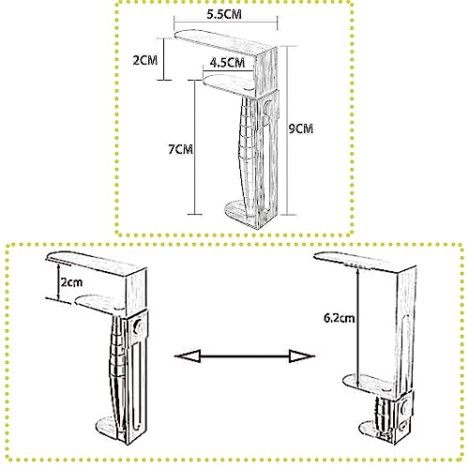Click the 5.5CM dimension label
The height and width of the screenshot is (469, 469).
(224, 14)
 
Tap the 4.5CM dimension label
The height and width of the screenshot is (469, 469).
(227, 63)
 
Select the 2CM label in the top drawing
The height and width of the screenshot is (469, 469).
(145, 60)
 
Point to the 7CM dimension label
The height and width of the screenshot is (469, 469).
(180, 149)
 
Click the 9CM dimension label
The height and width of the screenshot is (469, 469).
(300, 129)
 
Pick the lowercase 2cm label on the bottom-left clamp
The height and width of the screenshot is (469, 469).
(71, 282)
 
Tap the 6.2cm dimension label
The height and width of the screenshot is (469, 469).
(340, 318)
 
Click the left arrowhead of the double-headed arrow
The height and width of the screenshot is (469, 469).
(188, 356)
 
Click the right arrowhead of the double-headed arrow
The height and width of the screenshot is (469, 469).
(301, 356)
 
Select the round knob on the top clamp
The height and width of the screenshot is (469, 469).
(268, 107)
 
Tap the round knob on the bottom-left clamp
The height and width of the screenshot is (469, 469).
(137, 327)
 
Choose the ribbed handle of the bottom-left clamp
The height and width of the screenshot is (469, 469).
(117, 369)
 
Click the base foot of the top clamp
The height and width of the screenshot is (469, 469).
(242, 213)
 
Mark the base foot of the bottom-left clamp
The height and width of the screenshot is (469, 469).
(108, 429)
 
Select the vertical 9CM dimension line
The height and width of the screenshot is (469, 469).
(287, 130)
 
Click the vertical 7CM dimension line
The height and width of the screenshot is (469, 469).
(195, 147)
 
